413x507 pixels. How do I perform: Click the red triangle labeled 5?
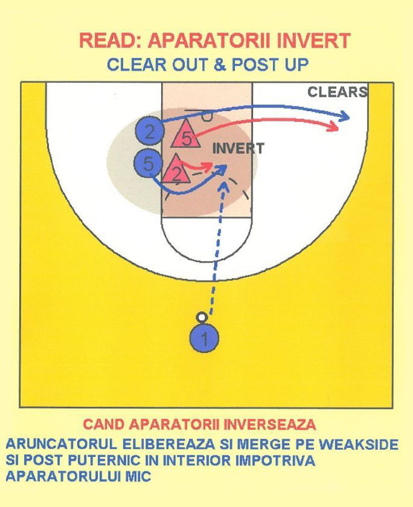pos(186,136)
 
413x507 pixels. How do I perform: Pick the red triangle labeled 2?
pos(177,170)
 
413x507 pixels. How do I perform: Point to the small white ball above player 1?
pos(201,318)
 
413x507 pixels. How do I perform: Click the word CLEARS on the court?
pos(337,92)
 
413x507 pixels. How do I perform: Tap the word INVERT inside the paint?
pos(238,149)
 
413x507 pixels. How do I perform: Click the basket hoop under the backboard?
pos(207,117)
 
